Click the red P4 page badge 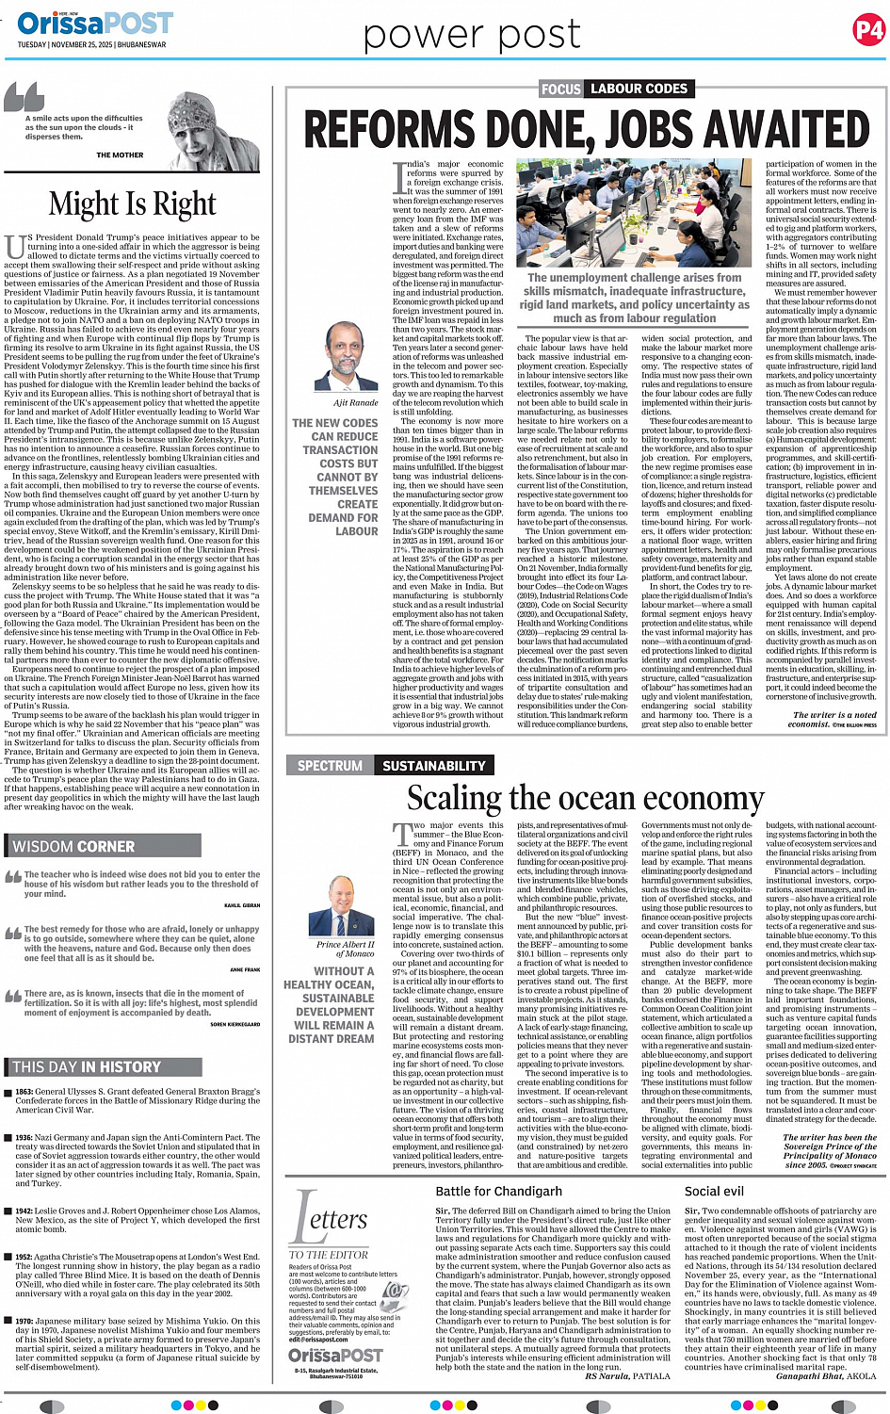[x=868, y=30]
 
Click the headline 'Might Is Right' [x=132, y=203]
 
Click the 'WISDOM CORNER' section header [x=73, y=846]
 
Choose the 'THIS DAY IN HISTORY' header [x=87, y=1066]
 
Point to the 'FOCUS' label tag [x=560, y=89]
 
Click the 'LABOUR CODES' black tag [x=639, y=89]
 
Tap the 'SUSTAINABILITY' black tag [x=433, y=766]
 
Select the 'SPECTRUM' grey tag [x=330, y=766]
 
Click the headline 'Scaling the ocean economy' [x=584, y=798]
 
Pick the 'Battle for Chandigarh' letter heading [x=498, y=1191]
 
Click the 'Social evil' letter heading [x=714, y=1191]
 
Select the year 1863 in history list [x=24, y=1092]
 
